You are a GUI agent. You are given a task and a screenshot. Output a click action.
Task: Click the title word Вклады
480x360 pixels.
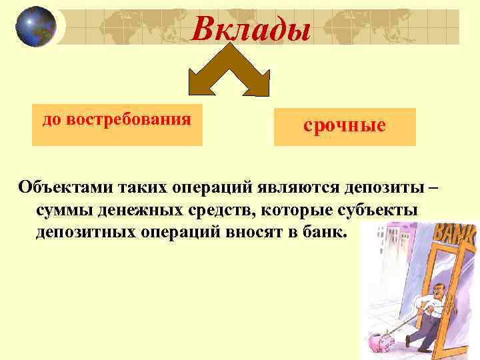point(252,29)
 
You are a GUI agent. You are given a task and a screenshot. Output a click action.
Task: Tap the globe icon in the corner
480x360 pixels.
point(35,27)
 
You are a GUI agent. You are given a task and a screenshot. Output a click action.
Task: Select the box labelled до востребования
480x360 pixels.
point(117,124)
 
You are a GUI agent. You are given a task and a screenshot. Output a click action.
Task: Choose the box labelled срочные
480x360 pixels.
point(345,127)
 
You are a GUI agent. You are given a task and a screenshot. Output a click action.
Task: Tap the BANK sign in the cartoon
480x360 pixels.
point(455,236)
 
